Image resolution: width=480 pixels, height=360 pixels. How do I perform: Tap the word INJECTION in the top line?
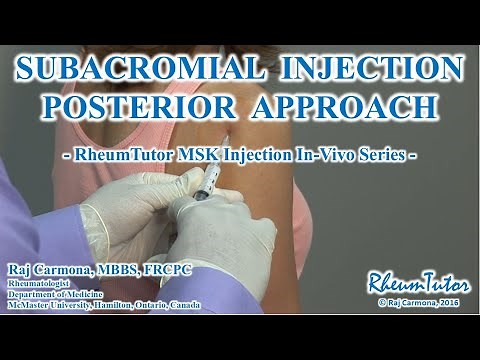369,69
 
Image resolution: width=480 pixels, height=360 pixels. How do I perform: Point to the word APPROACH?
342,106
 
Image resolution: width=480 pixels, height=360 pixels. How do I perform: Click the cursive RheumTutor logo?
411,280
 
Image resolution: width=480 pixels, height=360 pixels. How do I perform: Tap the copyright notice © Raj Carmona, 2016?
416,300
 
